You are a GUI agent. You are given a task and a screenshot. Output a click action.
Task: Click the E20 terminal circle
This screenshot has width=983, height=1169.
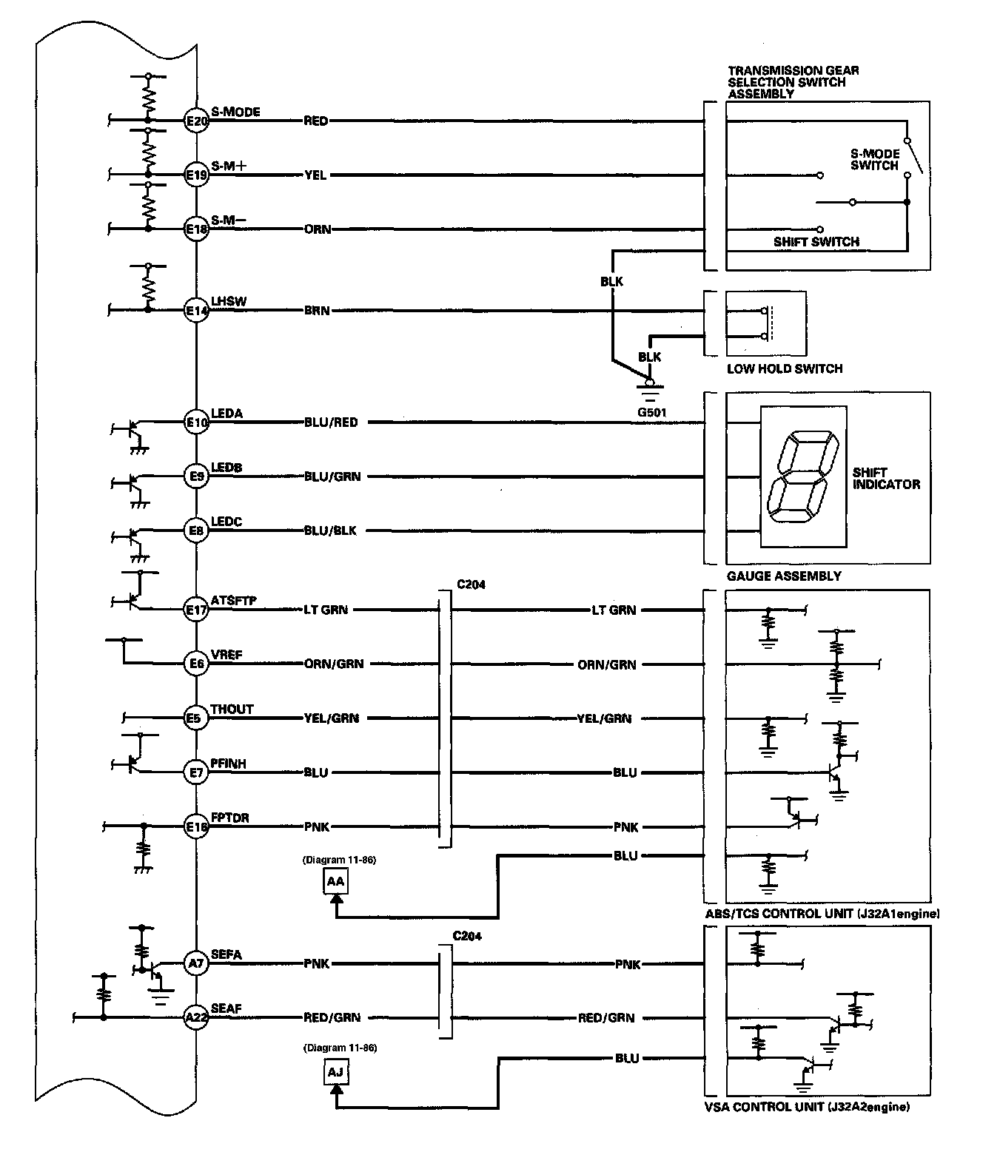click(x=197, y=121)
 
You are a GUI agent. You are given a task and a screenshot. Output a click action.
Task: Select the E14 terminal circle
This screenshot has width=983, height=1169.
click(x=197, y=310)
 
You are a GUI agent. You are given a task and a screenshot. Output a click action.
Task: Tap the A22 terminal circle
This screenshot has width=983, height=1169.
click(x=197, y=1017)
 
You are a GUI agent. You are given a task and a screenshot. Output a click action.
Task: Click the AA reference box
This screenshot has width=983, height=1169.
click(x=335, y=882)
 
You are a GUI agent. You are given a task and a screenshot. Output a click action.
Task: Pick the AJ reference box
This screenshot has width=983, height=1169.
click(x=335, y=1072)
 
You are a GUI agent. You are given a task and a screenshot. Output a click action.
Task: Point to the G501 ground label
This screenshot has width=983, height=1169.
click(x=652, y=413)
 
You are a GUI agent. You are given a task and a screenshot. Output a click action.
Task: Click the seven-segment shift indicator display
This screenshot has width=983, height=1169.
click(x=803, y=476)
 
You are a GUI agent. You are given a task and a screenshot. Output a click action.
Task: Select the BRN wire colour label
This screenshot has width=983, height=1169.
click(x=317, y=311)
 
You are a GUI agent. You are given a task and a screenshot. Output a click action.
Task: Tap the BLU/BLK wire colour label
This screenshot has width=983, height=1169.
click(x=330, y=530)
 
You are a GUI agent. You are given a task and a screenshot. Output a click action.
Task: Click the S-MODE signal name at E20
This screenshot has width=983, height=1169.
click(x=235, y=112)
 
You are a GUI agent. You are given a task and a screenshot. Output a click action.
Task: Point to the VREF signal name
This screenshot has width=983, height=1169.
click(x=227, y=655)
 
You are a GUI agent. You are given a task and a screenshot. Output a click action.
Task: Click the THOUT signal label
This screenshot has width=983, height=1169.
click(x=232, y=710)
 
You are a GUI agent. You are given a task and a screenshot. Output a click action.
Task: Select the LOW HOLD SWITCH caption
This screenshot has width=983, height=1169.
click(x=785, y=369)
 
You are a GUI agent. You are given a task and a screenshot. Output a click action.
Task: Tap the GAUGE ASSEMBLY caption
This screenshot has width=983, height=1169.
click(x=784, y=576)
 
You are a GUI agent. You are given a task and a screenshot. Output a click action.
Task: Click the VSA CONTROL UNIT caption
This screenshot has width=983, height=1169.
click(x=807, y=1107)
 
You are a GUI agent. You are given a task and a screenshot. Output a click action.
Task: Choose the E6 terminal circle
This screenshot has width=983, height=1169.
click(x=197, y=664)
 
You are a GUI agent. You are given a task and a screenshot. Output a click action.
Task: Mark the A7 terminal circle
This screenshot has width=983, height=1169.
click(x=197, y=963)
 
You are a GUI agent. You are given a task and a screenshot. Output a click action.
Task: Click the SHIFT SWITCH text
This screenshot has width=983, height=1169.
click(x=816, y=242)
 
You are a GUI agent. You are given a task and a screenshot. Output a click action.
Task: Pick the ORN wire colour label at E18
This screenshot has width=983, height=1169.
click(x=318, y=229)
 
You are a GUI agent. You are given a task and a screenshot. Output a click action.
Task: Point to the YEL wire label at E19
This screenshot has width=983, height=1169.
click(x=316, y=175)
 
